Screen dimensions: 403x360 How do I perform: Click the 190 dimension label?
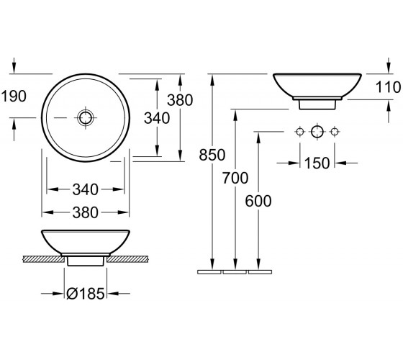pyautogui.click(x=14, y=96)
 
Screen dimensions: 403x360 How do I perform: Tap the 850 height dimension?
pyautogui.click(x=212, y=155)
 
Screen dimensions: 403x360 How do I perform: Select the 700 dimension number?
pyautogui.click(x=235, y=178)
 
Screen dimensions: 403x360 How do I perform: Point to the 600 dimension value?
pyautogui.click(x=258, y=201)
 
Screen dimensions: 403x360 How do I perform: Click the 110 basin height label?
pyautogui.click(x=388, y=87)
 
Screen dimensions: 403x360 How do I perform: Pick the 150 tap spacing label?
pyautogui.click(x=317, y=163)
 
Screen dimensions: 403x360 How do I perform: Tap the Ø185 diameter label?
pyautogui.click(x=86, y=294)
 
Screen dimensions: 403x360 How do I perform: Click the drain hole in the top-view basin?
pyautogui.click(x=86, y=118)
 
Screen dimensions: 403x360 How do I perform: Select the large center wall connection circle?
pyautogui.click(x=317, y=132)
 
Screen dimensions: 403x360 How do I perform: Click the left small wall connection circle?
pyautogui.click(x=299, y=132)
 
